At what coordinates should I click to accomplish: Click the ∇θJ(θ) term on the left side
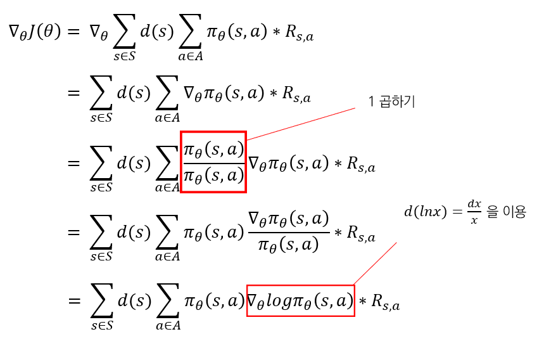point(35,32)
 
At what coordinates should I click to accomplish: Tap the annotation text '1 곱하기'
point(391,101)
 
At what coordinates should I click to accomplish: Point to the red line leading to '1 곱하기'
point(301,124)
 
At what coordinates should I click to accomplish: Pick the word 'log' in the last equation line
point(279,300)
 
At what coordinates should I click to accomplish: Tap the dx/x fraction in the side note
point(474,213)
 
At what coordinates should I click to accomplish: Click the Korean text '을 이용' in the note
point(507,212)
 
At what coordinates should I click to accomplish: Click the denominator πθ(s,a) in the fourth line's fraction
point(289,245)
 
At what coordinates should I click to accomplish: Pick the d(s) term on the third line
point(134,163)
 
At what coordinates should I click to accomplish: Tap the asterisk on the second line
point(272,94)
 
